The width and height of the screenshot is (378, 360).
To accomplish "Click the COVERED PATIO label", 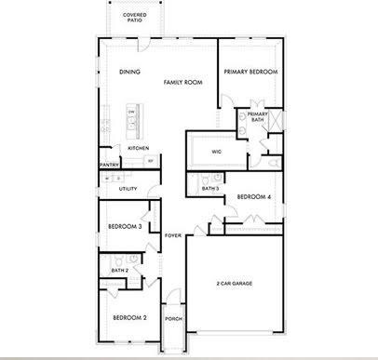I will pyautogui.click(x=134, y=19).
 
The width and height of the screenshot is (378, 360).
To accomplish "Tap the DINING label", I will pyautogui.click(x=129, y=72).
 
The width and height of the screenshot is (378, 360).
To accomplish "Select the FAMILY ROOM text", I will pyautogui.click(x=183, y=83).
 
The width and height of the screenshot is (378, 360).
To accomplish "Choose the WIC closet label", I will pyautogui.click(x=216, y=151).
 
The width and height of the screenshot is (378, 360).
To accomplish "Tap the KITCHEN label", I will pyautogui.click(x=139, y=149).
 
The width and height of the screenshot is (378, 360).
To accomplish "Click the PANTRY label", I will pyautogui.click(x=109, y=166).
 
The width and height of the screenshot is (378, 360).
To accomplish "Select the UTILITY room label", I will pyautogui.click(x=128, y=189).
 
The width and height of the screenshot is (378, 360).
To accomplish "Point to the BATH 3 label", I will pyautogui.click(x=210, y=189).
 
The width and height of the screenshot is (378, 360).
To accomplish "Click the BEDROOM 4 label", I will pyautogui.click(x=253, y=196).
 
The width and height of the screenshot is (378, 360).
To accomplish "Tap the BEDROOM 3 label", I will pyautogui.click(x=124, y=226).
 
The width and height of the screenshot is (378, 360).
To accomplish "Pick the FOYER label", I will pyautogui.click(x=172, y=235).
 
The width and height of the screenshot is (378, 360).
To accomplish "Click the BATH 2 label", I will pyautogui.click(x=119, y=271).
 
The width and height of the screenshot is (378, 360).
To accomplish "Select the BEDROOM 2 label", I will pyautogui.click(x=130, y=318).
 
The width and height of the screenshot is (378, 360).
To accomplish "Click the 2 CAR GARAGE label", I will pyautogui.click(x=235, y=284).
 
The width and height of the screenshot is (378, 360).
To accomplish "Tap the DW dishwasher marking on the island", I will pyautogui.click(x=131, y=113).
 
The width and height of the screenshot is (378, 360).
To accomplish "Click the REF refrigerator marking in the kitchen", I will pyautogui.click(x=151, y=160).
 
